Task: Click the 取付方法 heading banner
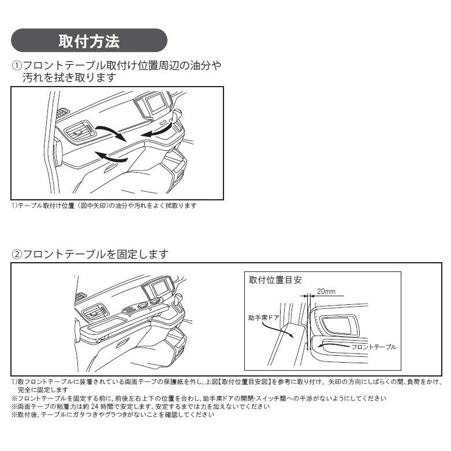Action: pos(89,42)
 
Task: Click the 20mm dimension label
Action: pos(326,292)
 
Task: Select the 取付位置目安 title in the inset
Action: pos(275,280)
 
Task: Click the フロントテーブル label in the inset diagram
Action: pos(374,346)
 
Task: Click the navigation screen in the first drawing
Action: pos(155,105)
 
